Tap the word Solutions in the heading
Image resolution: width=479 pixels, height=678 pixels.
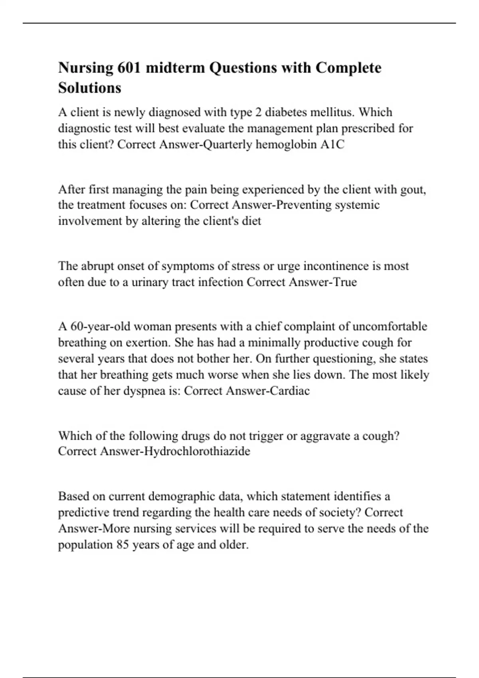click(89, 88)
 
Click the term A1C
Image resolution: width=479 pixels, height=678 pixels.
click(332, 144)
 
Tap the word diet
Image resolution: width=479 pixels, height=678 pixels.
click(251, 221)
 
